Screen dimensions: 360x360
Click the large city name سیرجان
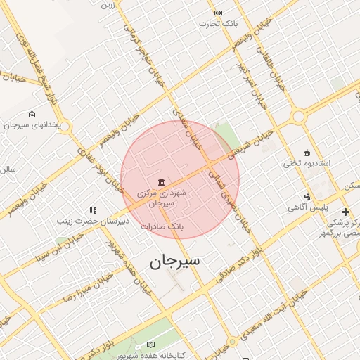(x=174, y=261)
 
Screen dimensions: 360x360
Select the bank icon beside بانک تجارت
(x=218, y=13)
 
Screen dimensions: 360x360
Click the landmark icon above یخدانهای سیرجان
(x=32, y=114)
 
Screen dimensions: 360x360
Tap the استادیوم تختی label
(x=302, y=163)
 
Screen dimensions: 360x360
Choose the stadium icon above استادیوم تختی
(x=307, y=153)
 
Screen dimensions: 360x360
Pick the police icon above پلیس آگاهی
(x=307, y=196)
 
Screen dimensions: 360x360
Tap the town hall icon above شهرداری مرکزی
(x=162, y=182)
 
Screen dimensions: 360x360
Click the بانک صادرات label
(x=162, y=227)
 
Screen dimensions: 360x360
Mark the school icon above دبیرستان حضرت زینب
(x=93, y=210)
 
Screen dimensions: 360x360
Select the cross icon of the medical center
(x=345, y=212)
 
